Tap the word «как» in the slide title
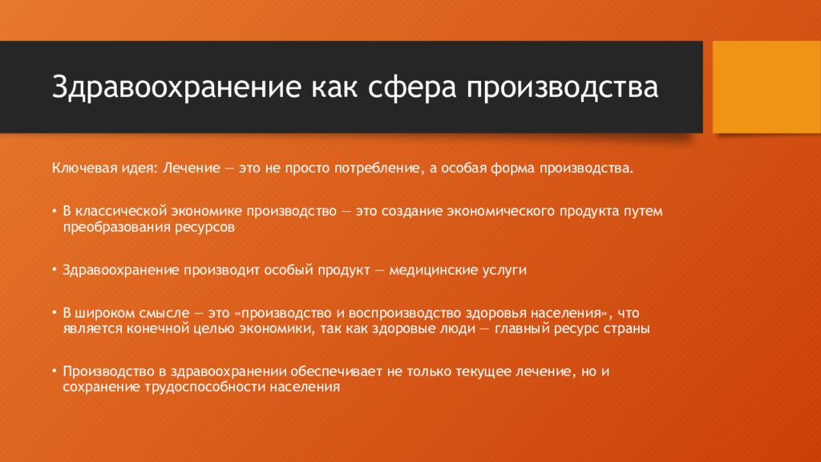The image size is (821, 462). coord(334,87)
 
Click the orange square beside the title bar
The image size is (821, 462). coord(766,87)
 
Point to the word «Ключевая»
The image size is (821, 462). coord(78,170)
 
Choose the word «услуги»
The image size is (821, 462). coord(504,270)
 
